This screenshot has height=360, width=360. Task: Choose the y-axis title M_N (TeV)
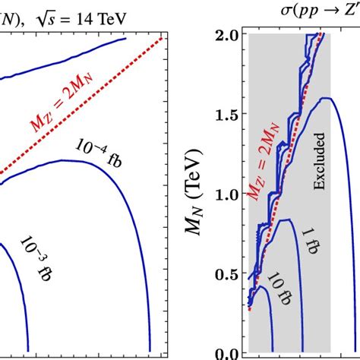(x=200, y=194)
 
